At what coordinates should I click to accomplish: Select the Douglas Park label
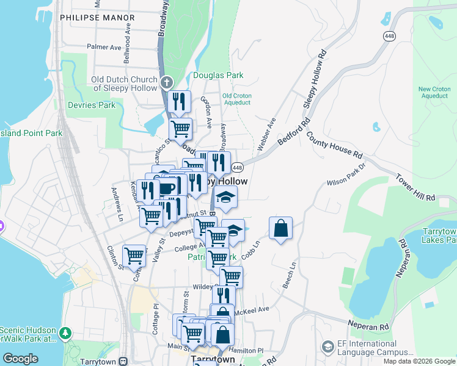click(x=218, y=76)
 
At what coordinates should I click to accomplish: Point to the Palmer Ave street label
click(x=104, y=46)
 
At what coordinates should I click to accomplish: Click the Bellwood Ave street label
click(x=128, y=43)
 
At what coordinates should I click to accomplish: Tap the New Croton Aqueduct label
click(x=434, y=92)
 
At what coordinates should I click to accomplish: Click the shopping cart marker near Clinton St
click(x=134, y=256)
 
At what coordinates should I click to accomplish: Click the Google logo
click(x=21, y=359)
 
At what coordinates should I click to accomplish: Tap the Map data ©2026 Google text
click(x=419, y=361)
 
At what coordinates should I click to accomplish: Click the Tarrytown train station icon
click(x=124, y=361)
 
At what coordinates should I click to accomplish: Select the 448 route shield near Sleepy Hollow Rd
click(x=389, y=36)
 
